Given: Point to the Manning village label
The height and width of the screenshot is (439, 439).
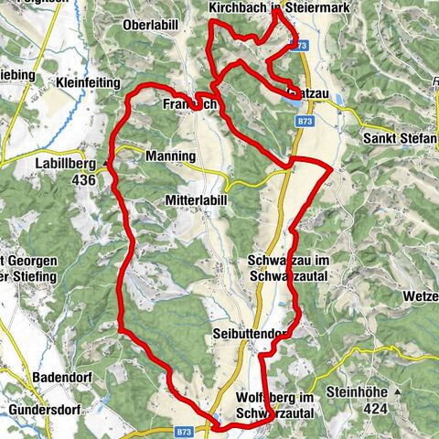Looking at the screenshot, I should pos(170,156).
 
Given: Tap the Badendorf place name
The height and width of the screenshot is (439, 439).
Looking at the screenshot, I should pos(41,385).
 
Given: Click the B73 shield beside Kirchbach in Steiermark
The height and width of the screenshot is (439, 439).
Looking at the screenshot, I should pos(294,45).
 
